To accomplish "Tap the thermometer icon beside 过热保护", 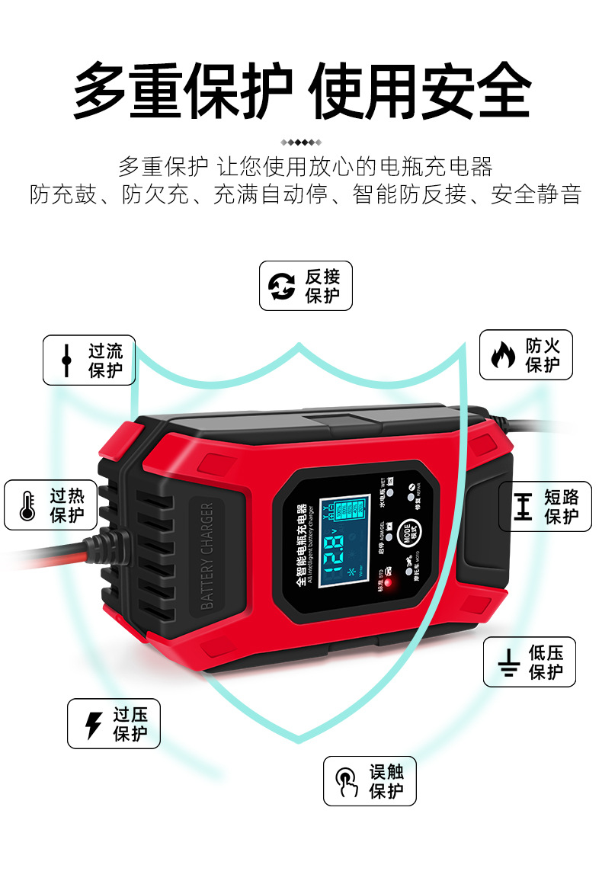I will [x=28, y=505].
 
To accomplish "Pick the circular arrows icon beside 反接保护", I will [x=282, y=286].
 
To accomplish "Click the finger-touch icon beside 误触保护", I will [x=347, y=781].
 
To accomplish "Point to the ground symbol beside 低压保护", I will [x=508, y=663].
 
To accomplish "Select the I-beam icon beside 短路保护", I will [x=523, y=507].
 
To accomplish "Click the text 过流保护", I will [x=105, y=360].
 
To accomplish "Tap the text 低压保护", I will [x=546, y=662].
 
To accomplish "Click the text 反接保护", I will [x=322, y=286].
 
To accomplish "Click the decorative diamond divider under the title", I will [x=301, y=142].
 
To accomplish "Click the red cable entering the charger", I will [x=46, y=560].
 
